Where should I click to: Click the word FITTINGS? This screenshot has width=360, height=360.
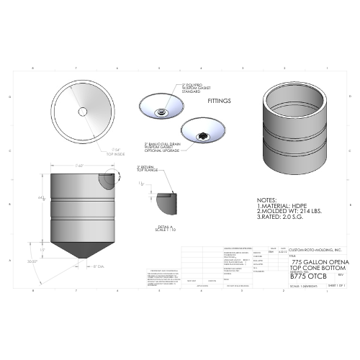pos(219,102)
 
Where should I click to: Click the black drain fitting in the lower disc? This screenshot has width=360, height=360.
pos(204,134)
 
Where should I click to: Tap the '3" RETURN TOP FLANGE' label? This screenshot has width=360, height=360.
pos(148,171)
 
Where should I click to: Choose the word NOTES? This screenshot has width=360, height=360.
pos(267,199)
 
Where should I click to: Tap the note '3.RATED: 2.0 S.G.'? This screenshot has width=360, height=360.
pos(282,218)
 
